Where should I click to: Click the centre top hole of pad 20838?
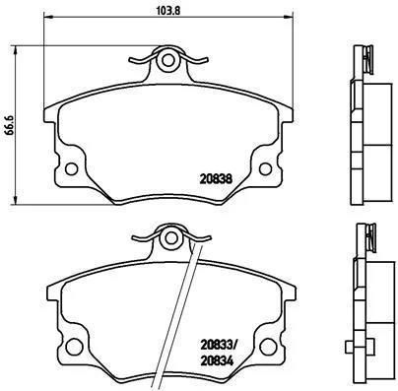(169, 63)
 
